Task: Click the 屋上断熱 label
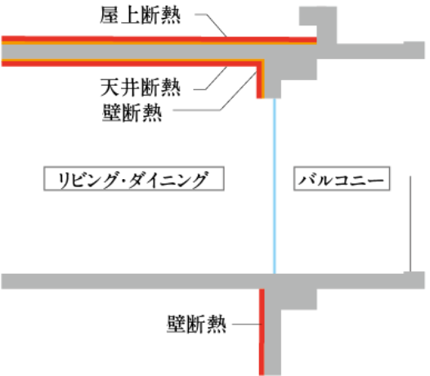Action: point(140,16)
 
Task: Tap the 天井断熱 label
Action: point(141,87)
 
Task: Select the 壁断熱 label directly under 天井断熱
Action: point(132,113)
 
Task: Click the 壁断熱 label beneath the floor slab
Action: point(197,325)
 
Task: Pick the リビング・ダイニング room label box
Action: point(134,178)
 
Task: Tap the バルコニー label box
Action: point(342,178)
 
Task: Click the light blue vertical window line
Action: point(274,186)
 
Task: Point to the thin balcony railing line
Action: point(410,224)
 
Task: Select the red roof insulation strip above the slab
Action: point(159,38)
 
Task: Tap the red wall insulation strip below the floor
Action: point(262,332)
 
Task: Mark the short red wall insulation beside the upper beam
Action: point(259,82)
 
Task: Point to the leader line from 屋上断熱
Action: point(211,25)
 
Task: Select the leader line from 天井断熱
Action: point(211,78)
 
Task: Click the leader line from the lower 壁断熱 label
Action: point(246,325)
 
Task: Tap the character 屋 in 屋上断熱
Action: point(110,16)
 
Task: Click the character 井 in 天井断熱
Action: point(130,87)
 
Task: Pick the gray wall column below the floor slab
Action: point(273,332)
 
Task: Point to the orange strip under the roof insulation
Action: point(159,43)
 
